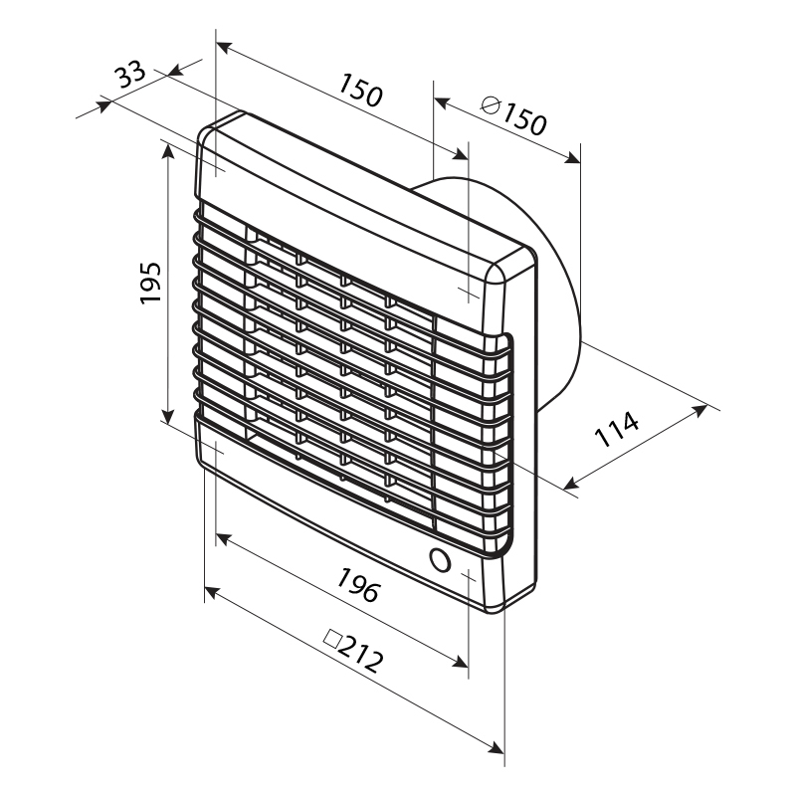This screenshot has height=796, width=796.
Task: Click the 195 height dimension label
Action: [x=151, y=283]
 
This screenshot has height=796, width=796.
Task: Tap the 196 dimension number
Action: [x=358, y=585]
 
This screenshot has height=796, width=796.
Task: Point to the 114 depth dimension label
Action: [x=616, y=429]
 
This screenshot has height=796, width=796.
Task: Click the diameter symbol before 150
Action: [x=491, y=105]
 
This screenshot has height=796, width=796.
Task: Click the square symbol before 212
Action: [x=332, y=639]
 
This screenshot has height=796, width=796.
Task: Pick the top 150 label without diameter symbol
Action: [x=360, y=90]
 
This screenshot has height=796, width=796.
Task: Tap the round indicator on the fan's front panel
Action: [x=440, y=560]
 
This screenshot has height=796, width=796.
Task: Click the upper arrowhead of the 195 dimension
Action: [x=168, y=150]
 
